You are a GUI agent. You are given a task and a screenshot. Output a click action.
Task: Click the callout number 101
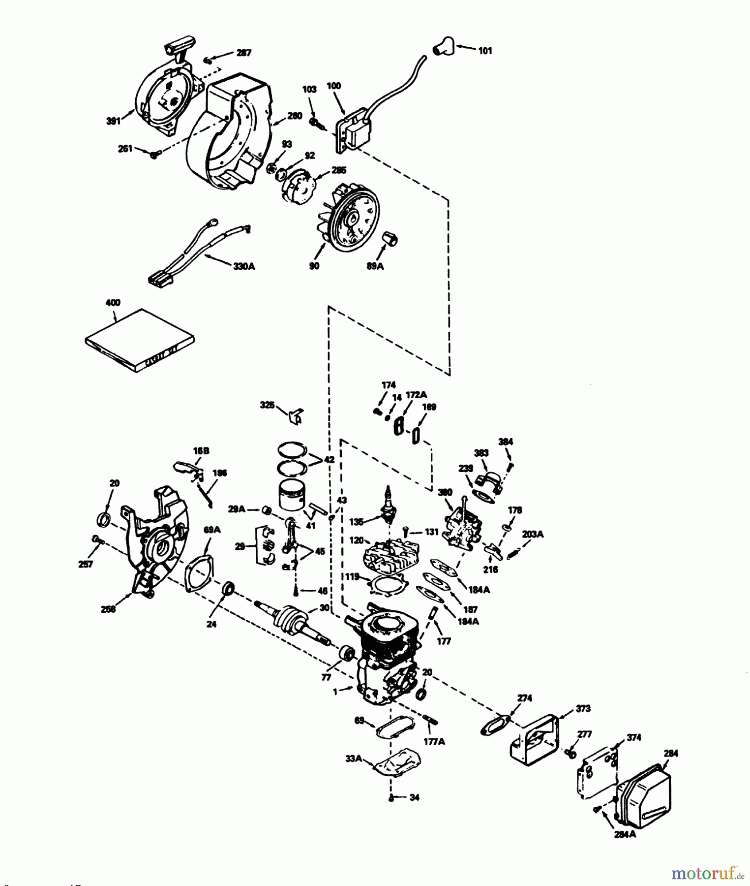point(485,51)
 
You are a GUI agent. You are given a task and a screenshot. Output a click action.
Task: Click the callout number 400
point(113,303)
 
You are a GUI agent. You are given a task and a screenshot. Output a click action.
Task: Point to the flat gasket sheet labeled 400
point(139,340)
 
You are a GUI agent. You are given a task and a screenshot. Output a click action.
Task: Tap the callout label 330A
point(244,266)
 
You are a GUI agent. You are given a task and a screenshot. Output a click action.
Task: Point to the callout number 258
point(108,609)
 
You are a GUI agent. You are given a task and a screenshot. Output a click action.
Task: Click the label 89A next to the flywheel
point(375,266)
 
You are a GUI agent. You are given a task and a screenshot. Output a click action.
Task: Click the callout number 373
point(583,709)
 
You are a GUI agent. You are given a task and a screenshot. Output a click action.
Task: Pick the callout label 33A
point(353,759)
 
